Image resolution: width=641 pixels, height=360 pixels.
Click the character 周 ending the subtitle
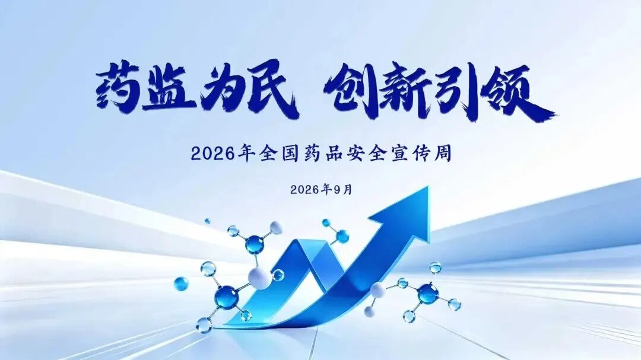tap(443, 154)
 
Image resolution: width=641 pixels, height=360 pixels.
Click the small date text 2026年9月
tap(321, 190)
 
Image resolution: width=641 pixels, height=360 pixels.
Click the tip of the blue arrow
tap(429, 186)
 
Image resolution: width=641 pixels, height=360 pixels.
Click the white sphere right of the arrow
tap(377, 291)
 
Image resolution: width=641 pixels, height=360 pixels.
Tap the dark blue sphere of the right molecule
tap(428, 293)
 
